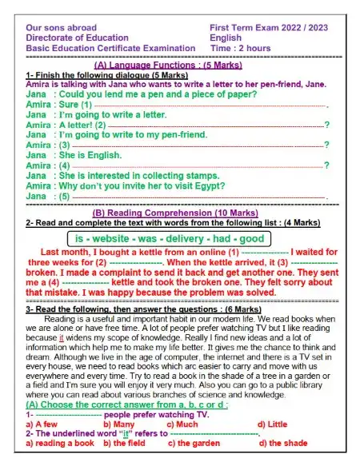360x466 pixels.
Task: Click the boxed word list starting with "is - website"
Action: (169, 238)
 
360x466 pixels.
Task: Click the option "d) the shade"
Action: (282, 443)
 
